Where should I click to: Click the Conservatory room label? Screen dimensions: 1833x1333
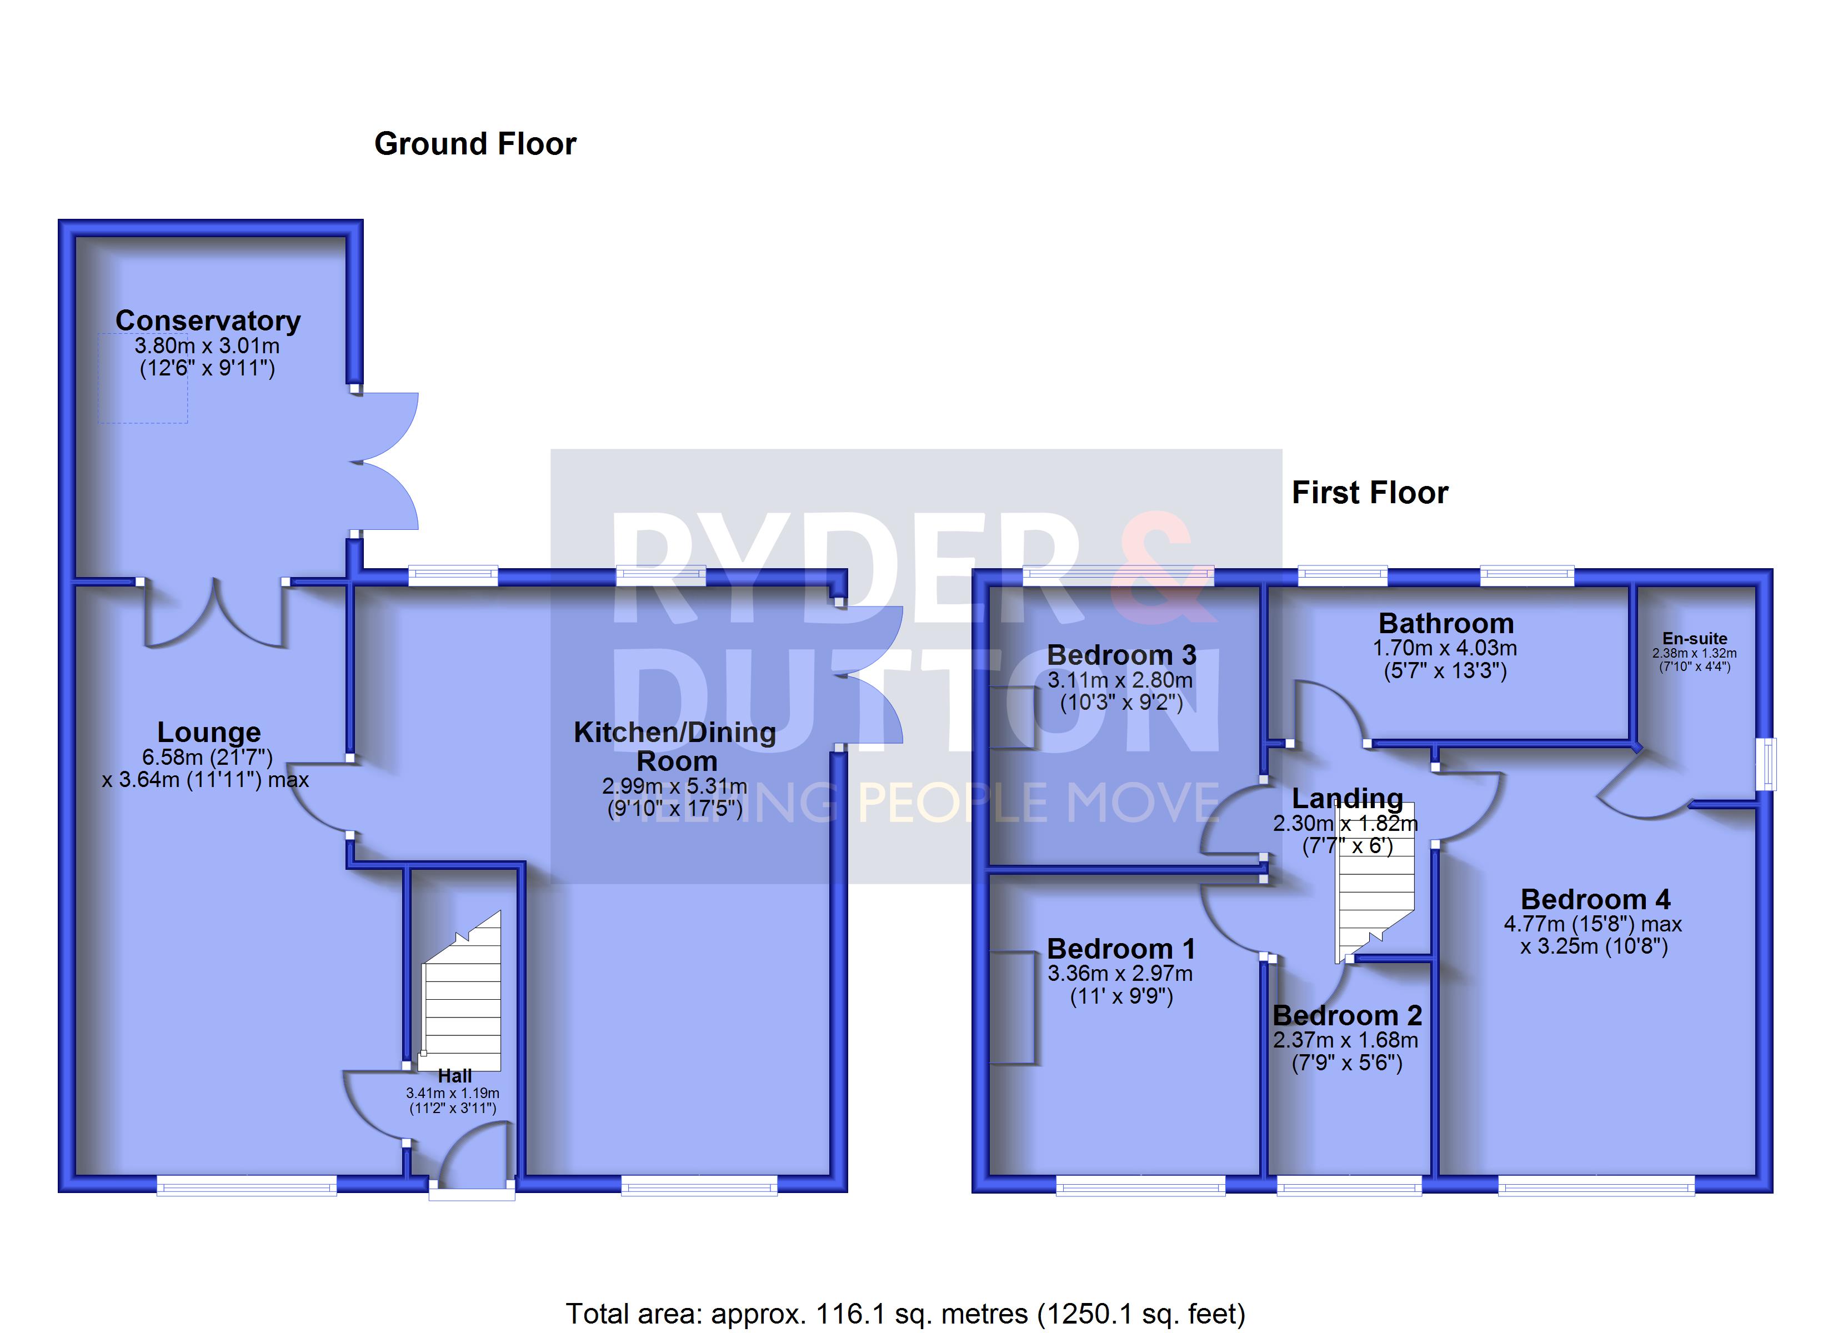(x=208, y=321)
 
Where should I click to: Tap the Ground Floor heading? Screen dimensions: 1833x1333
(x=475, y=144)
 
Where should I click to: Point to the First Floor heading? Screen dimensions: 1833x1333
(x=1370, y=492)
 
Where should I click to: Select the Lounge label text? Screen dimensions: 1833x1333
(x=208, y=733)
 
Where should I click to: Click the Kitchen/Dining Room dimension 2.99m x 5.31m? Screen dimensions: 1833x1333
(x=675, y=786)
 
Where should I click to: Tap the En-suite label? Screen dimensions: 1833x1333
(x=1695, y=639)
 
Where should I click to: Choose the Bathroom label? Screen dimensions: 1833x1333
(x=1446, y=623)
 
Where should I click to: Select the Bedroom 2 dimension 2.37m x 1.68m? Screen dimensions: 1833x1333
(x=1346, y=1040)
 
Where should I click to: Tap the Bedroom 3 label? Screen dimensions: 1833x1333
(x=1122, y=655)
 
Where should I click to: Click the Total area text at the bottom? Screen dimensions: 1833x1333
(x=905, y=1314)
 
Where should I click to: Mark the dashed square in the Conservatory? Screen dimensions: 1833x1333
(x=143, y=378)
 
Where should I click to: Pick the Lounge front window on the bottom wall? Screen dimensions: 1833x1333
(x=247, y=1185)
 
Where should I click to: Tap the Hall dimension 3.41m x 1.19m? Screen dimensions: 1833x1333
(x=453, y=1093)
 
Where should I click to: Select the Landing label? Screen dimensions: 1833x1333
(x=1348, y=799)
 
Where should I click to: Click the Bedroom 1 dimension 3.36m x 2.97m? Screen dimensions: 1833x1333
(x=1120, y=973)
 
